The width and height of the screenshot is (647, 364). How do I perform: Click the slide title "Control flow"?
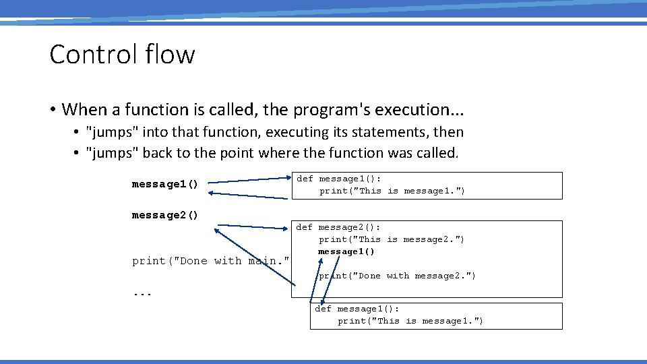click(x=122, y=55)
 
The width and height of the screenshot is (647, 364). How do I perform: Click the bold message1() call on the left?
click(x=165, y=185)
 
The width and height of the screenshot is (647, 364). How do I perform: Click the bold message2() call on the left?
click(x=165, y=216)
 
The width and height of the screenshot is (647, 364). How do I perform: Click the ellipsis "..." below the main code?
click(x=142, y=293)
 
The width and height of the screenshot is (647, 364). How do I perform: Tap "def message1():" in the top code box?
click(x=338, y=179)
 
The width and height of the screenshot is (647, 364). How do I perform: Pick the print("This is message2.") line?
click(x=392, y=239)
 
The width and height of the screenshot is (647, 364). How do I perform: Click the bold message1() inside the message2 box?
click(x=346, y=251)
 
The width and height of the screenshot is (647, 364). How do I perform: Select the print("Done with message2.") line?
click(x=397, y=276)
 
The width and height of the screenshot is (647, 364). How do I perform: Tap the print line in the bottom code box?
click(x=410, y=321)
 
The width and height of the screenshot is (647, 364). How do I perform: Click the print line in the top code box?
click(x=392, y=191)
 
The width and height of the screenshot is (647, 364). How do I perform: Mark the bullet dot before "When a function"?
click(x=52, y=110)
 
